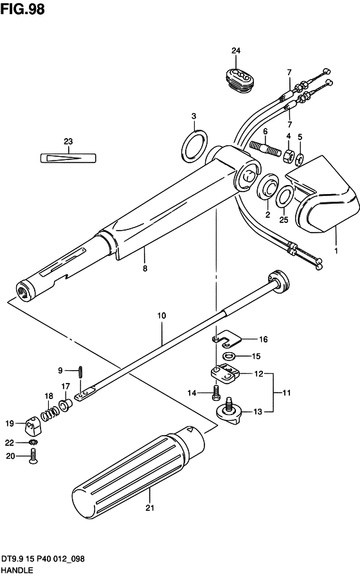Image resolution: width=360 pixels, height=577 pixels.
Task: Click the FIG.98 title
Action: [x=22, y=9]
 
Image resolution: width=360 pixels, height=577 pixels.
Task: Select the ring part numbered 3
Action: [x=194, y=145]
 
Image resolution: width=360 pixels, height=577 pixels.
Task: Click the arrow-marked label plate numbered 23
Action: [x=67, y=157]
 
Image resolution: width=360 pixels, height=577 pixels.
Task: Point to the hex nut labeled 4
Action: [x=288, y=155]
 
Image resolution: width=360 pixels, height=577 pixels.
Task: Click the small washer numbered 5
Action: [x=300, y=159]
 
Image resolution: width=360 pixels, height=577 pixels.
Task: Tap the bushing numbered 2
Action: [x=268, y=188]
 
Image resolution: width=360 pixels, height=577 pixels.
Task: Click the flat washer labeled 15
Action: [x=230, y=356]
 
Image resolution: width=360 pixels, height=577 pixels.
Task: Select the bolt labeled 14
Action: [x=216, y=393]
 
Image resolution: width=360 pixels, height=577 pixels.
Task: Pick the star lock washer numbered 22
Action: [x=33, y=441]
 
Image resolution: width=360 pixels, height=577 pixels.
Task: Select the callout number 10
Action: [x=161, y=315]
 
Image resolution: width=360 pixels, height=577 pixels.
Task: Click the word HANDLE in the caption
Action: [x=17, y=571]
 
